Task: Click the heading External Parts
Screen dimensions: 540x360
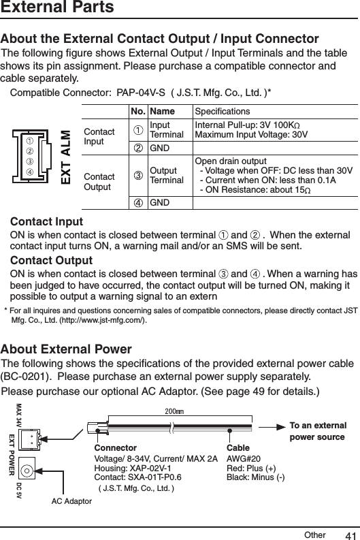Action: pyautogui.click(x=57, y=9)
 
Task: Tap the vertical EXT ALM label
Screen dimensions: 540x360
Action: pyautogui.click(x=66, y=156)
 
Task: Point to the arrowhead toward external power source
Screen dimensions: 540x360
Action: pyautogui.click(x=287, y=426)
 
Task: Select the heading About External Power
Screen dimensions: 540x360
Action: pyautogui.click(x=67, y=349)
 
